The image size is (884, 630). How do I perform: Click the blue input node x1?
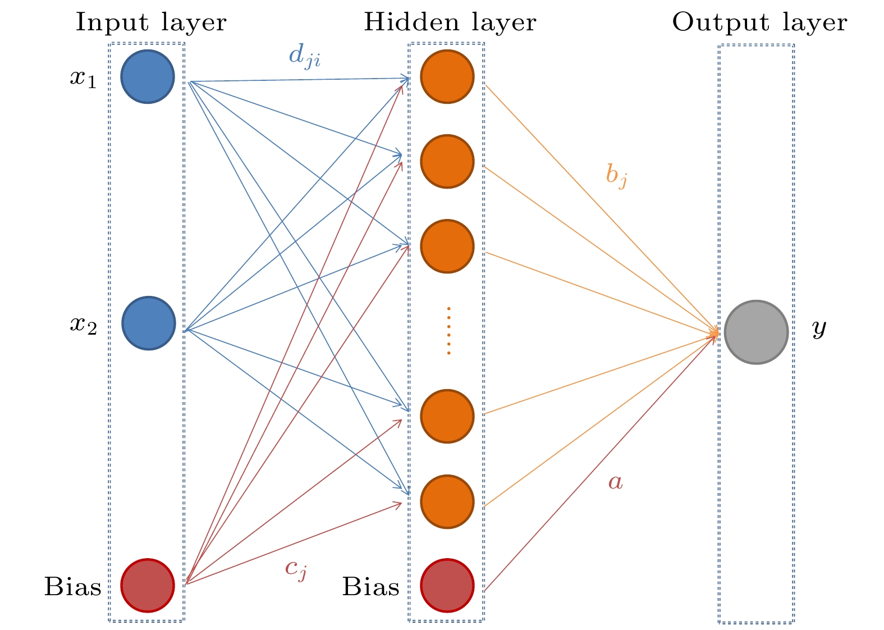point(148,77)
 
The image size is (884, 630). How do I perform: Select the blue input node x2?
point(148,323)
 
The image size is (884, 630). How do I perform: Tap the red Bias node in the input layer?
point(148,585)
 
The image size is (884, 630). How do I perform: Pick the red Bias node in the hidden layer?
point(447,585)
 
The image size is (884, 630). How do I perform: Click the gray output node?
point(756,332)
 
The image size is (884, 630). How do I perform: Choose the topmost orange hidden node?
point(447,77)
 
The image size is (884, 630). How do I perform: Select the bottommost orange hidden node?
point(447,501)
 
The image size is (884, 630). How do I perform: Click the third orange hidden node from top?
point(447,246)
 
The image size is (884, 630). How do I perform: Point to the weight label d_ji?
point(305,56)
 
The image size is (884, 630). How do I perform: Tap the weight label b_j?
point(616,175)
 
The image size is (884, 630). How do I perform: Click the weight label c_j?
point(296,569)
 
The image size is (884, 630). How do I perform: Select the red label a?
point(616,482)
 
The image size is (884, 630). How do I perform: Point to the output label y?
point(819,328)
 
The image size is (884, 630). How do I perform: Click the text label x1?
point(83,78)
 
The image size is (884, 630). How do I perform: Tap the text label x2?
point(83,324)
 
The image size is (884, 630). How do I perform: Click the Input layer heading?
point(151,23)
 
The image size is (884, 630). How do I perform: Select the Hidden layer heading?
point(450,23)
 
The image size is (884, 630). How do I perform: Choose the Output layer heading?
point(759,23)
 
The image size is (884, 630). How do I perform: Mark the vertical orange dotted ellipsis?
point(449,331)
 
